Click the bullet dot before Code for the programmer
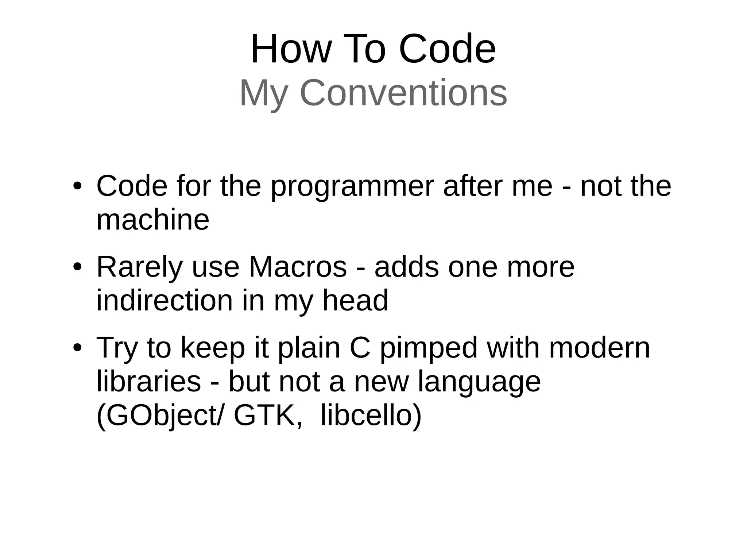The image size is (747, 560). (x=77, y=187)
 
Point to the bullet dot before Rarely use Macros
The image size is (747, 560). (x=77, y=267)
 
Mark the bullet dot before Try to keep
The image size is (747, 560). (x=77, y=348)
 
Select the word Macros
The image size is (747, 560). (x=298, y=267)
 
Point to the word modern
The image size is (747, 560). (x=599, y=348)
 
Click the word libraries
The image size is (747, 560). (x=149, y=382)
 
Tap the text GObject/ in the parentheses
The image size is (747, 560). (x=159, y=417)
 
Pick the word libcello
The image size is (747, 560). (x=370, y=416)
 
